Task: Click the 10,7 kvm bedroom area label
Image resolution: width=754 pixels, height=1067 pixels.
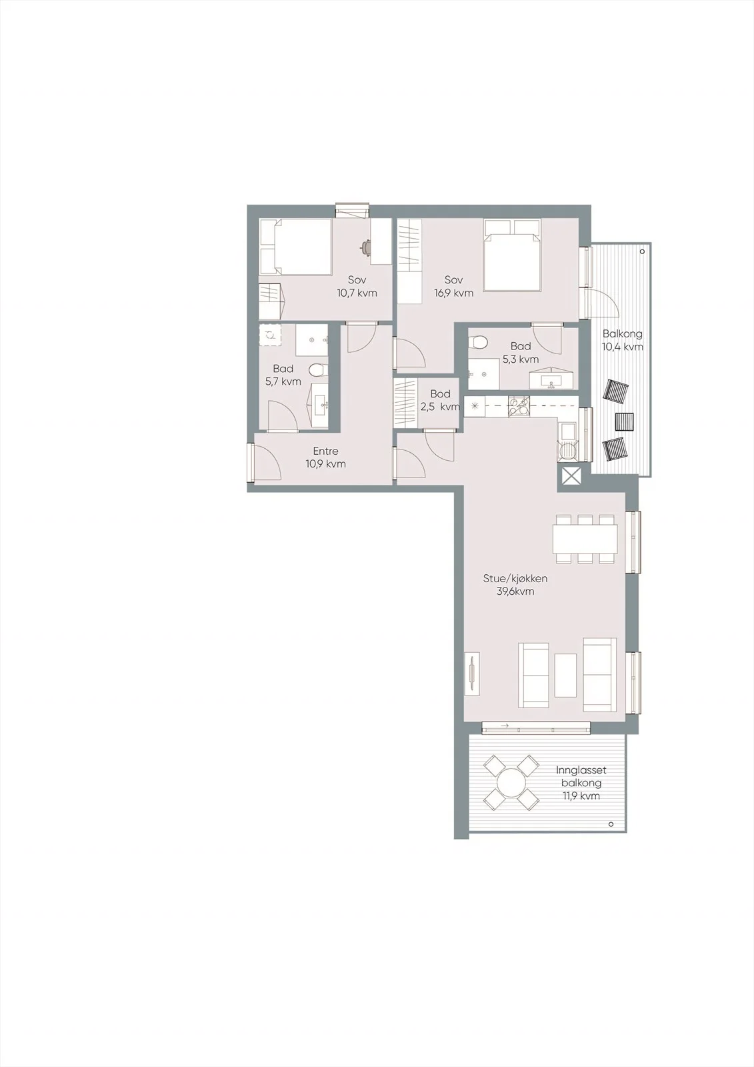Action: click(357, 286)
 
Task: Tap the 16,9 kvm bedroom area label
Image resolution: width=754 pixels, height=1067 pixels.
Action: click(453, 286)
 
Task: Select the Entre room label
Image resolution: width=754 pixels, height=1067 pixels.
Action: click(326, 457)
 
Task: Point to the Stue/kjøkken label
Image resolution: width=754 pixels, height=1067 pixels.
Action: click(515, 585)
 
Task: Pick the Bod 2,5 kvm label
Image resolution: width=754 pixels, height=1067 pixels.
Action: click(441, 400)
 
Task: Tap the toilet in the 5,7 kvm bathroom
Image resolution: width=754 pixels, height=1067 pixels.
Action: click(317, 369)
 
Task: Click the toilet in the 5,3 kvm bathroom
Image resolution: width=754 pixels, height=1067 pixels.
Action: click(478, 341)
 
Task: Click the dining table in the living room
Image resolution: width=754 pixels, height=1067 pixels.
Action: click(585, 538)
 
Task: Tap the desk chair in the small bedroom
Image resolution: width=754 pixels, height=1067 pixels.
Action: click(366, 246)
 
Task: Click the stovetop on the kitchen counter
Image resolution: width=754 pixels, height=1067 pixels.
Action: click(519, 406)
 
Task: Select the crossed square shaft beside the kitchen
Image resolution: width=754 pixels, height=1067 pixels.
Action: click(571, 477)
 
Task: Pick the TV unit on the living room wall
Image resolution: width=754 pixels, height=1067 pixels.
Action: click(473, 674)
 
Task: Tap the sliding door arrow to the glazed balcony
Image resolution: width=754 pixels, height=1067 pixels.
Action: click(505, 726)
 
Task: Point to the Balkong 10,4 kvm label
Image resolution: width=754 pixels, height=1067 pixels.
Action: click(623, 340)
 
